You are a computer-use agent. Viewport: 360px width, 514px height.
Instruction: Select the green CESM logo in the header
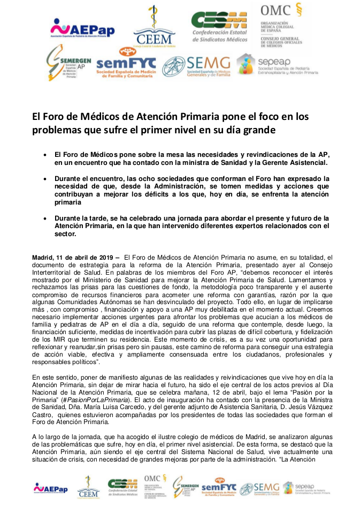pyautogui.click(x=219, y=27)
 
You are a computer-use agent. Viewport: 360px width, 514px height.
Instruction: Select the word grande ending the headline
pyautogui.click(x=259, y=130)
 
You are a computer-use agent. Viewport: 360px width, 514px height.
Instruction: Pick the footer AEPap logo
pyautogui.click(x=51, y=488)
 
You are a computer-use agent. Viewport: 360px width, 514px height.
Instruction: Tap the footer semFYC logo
pyautogui.click(x=219, y=488)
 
